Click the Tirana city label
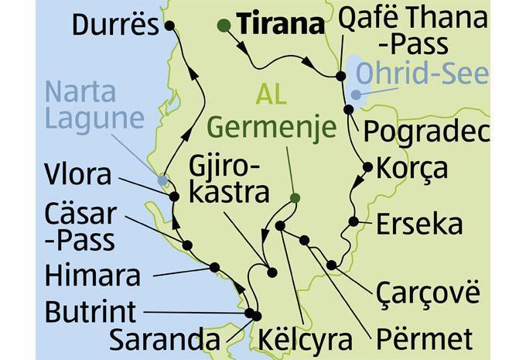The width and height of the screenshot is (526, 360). tap(280, 25)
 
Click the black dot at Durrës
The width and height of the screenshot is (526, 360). tap(169, 26)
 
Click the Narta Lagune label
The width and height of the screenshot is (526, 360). tap(95, 105)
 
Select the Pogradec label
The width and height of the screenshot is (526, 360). tap(426, 132)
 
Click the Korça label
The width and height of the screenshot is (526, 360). tap(413, 167)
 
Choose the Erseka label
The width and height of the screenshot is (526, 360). tap(419, 225)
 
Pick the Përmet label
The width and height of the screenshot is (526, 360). tap(425, 338)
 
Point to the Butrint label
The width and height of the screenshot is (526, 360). tap(91, 312)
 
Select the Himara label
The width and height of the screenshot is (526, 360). tap(94, 275)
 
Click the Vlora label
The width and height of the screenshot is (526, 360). tap(78, 174)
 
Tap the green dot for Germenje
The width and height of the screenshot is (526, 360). tap(295, 199)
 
